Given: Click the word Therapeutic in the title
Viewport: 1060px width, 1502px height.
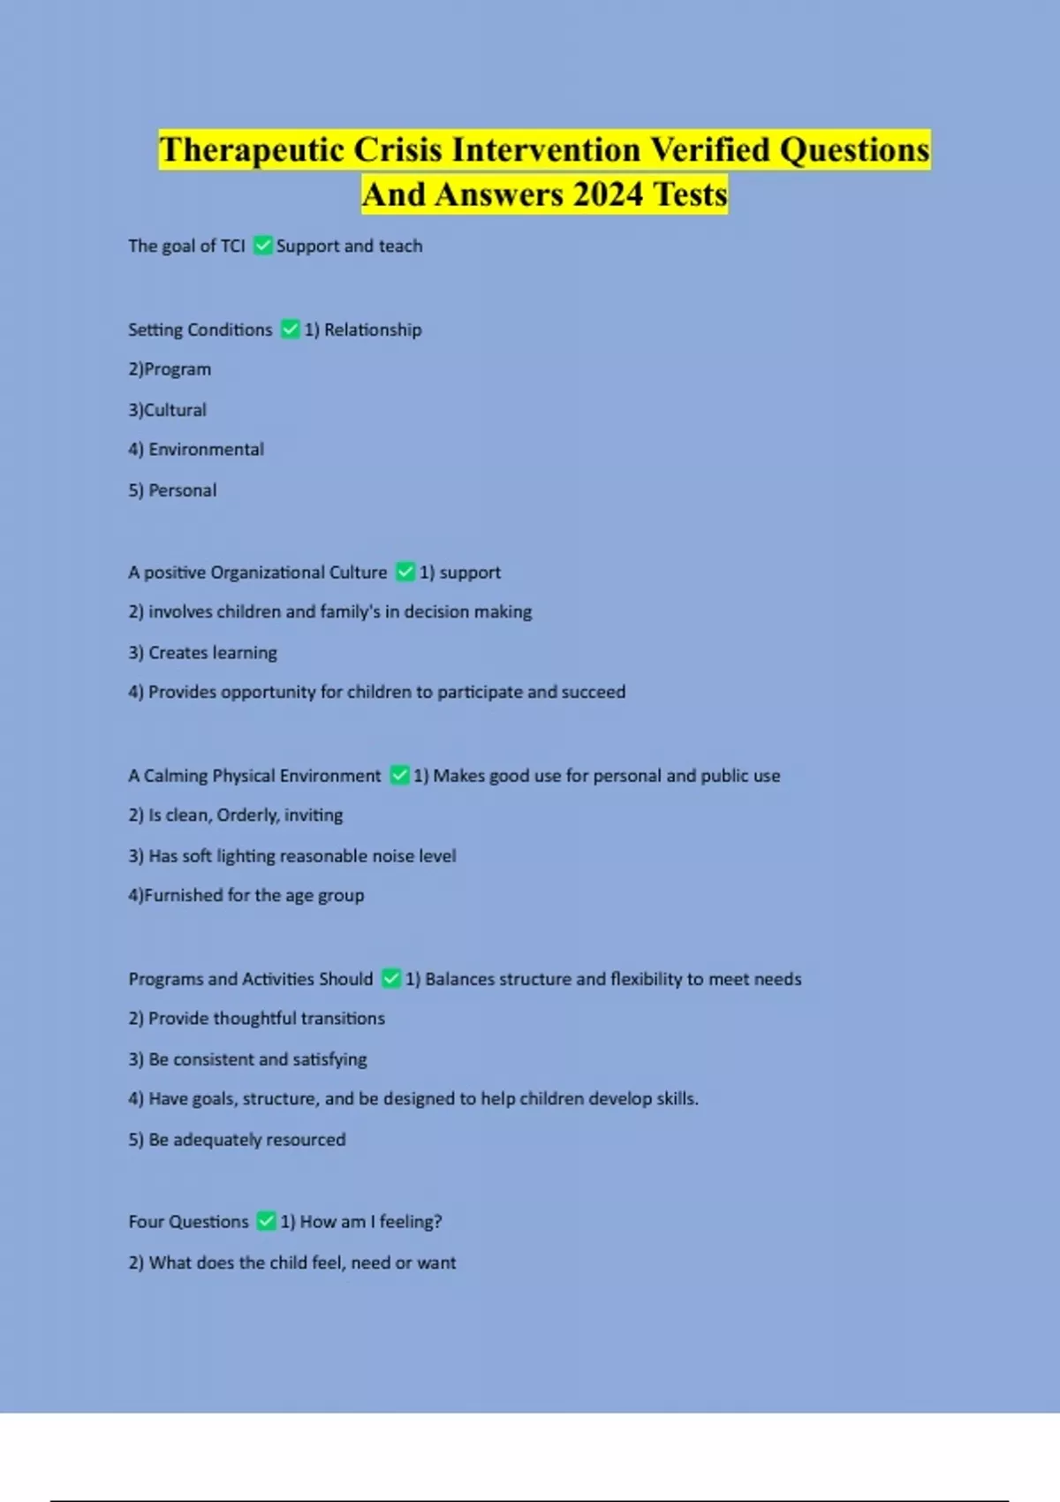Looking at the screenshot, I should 251,150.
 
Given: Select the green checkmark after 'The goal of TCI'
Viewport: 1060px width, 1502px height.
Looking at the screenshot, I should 262,246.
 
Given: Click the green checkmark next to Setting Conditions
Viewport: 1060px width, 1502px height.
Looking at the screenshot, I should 290,330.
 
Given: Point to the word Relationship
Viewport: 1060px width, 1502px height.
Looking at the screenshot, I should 373,330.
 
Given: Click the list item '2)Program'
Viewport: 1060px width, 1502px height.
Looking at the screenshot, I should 170,369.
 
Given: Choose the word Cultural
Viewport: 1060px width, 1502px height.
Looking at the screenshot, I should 175,410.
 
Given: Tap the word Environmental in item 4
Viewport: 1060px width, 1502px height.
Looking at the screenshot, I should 206,450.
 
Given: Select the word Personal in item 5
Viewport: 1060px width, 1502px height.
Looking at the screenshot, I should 182,490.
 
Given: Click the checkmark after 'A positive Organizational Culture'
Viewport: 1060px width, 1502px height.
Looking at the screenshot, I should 405,573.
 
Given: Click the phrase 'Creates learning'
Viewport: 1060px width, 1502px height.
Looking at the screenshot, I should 212,653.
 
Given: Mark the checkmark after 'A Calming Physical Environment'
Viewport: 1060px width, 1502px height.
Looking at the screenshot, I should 399,776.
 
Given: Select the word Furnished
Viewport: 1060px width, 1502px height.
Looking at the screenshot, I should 183,895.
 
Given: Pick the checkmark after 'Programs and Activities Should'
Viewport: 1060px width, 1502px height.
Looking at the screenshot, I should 391,979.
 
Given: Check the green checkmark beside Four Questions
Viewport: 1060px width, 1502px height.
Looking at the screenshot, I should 266,1222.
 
